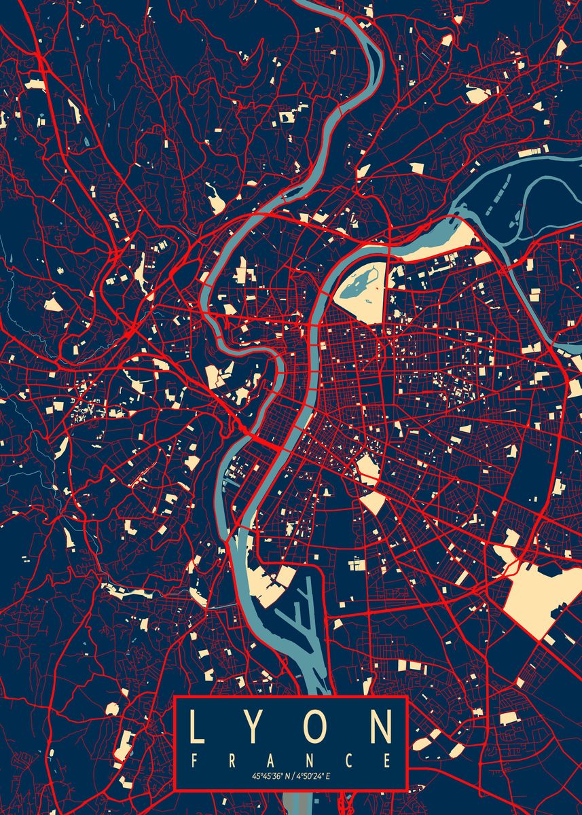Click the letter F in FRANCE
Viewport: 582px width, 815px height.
[194, 759]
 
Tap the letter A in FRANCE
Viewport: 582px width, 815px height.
[270, 759]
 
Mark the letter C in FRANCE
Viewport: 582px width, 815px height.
[349, 759]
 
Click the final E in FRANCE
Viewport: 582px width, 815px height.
[387, 759]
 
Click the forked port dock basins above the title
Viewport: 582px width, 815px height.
[296, 611]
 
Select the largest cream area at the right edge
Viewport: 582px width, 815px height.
[540, 598]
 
